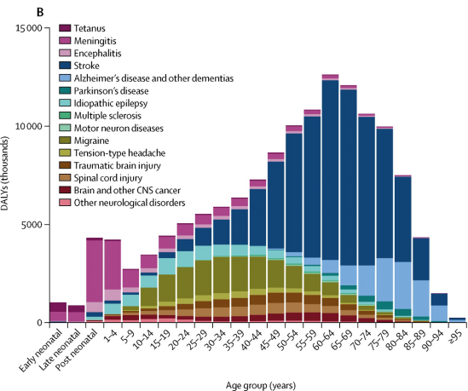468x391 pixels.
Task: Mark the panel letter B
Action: coord(7,8)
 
